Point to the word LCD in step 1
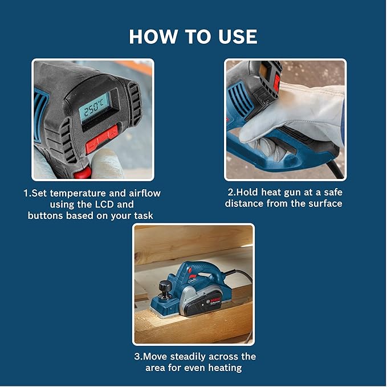[x=113, y=204]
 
